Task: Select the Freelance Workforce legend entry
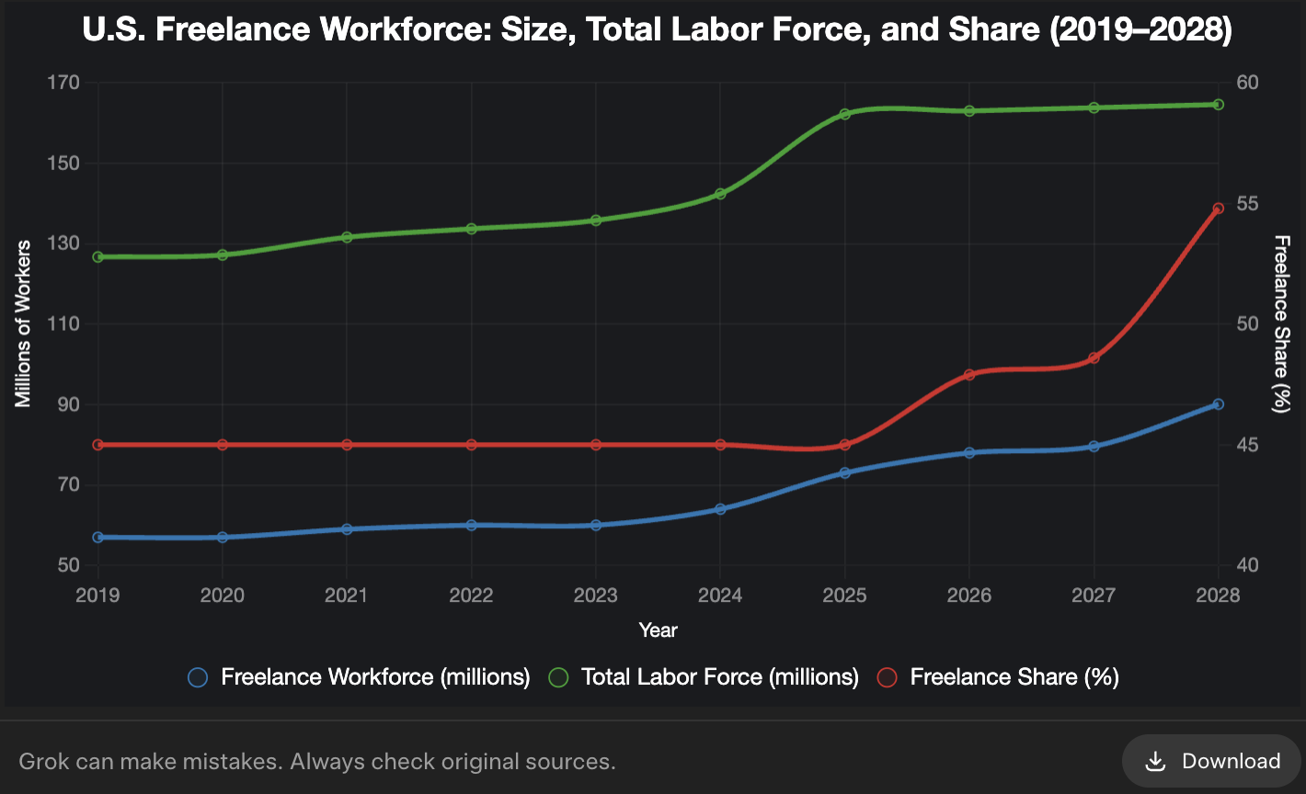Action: pos(359,677)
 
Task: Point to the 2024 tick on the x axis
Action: pos(720,595)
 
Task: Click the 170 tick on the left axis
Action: pos(63,83)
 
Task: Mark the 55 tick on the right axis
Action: pos(1247,203)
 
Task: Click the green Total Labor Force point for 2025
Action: pos(845,114)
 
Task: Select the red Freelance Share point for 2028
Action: pos(1219,209)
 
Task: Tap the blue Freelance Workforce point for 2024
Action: pos(720,508)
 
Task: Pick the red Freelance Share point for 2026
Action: pos(969,375)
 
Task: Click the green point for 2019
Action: pos(97,256)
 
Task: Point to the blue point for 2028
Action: pos(1219,404)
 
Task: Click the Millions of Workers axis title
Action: pos(24,323)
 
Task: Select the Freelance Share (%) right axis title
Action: pos(1281,323)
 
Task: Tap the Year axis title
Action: pos(658,630)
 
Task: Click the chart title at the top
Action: pos(657,30)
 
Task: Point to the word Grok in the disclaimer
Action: pos(41,762)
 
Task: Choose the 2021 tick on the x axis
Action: pos(347,595)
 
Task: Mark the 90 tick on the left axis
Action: pos(68,404)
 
